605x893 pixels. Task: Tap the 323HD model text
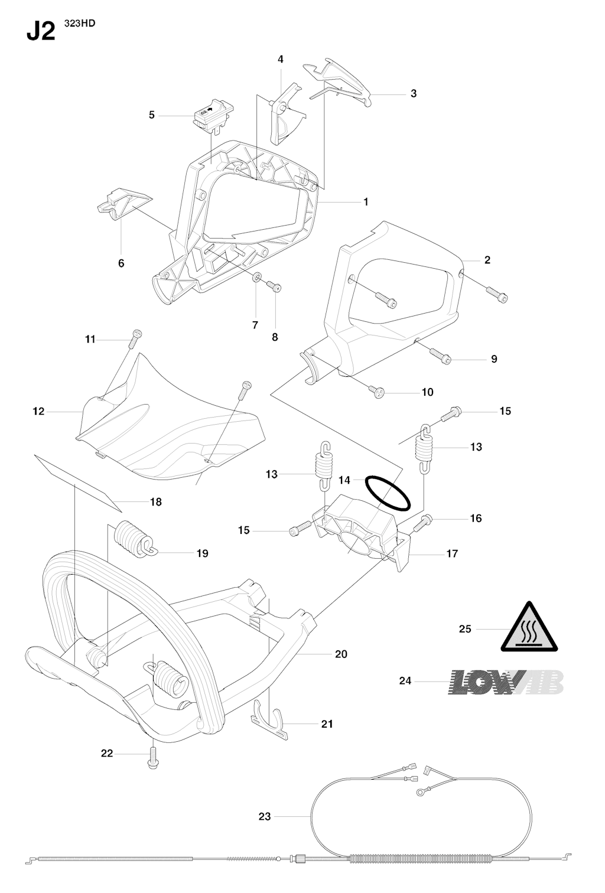coord(80,23)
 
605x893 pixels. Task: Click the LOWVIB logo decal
coord(506,682)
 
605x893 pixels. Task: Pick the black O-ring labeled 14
coord(388,493)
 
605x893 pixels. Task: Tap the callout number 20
coord(341,654)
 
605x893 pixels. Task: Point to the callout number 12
coord(38,411)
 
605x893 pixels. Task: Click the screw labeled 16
coord(423,523)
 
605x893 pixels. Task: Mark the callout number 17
coord(452,553)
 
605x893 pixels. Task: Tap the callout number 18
coord(156,502)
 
